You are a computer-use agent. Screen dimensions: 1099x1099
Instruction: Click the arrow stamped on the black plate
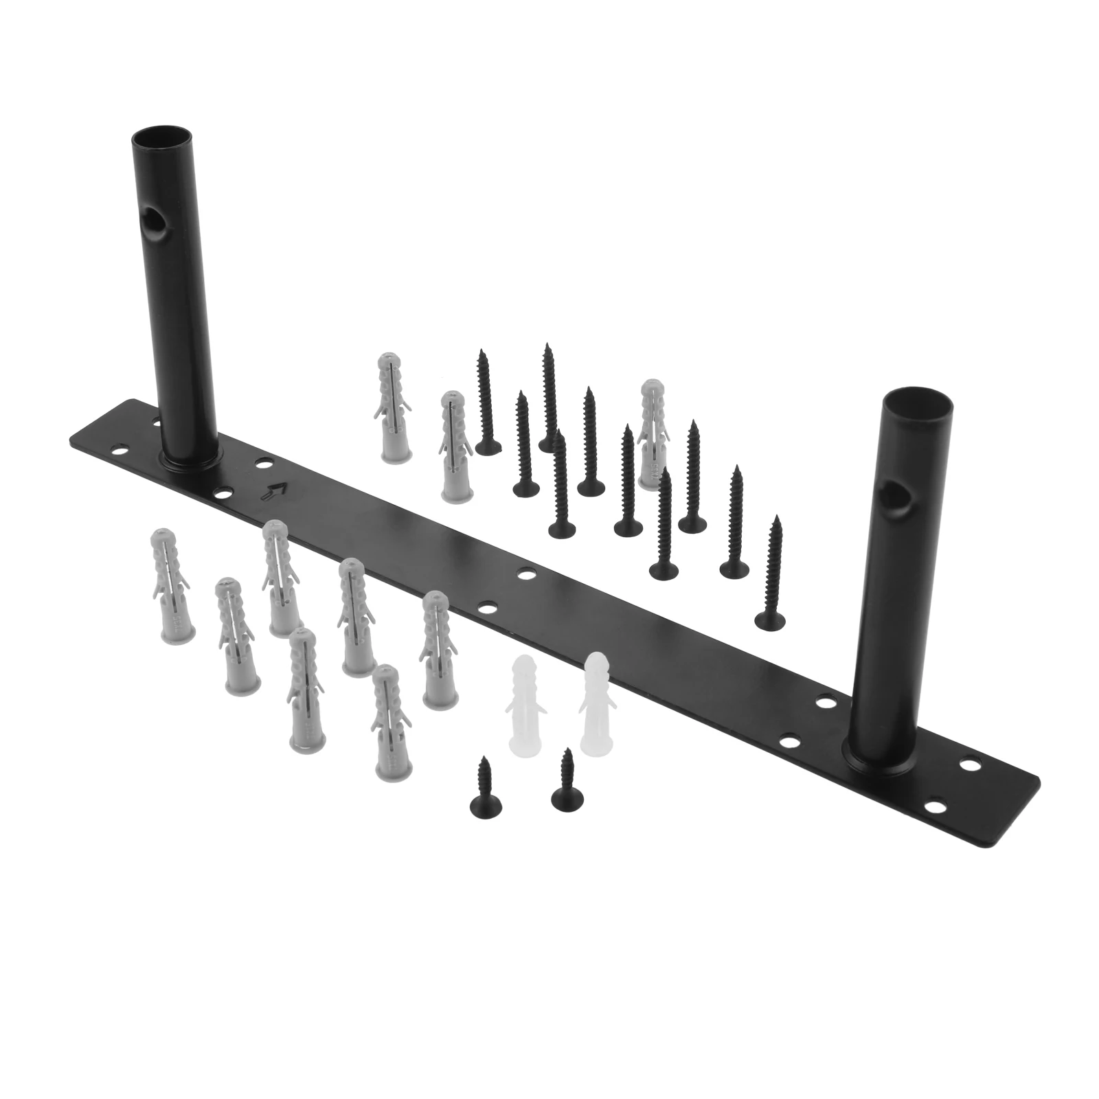tap(276, 490)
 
